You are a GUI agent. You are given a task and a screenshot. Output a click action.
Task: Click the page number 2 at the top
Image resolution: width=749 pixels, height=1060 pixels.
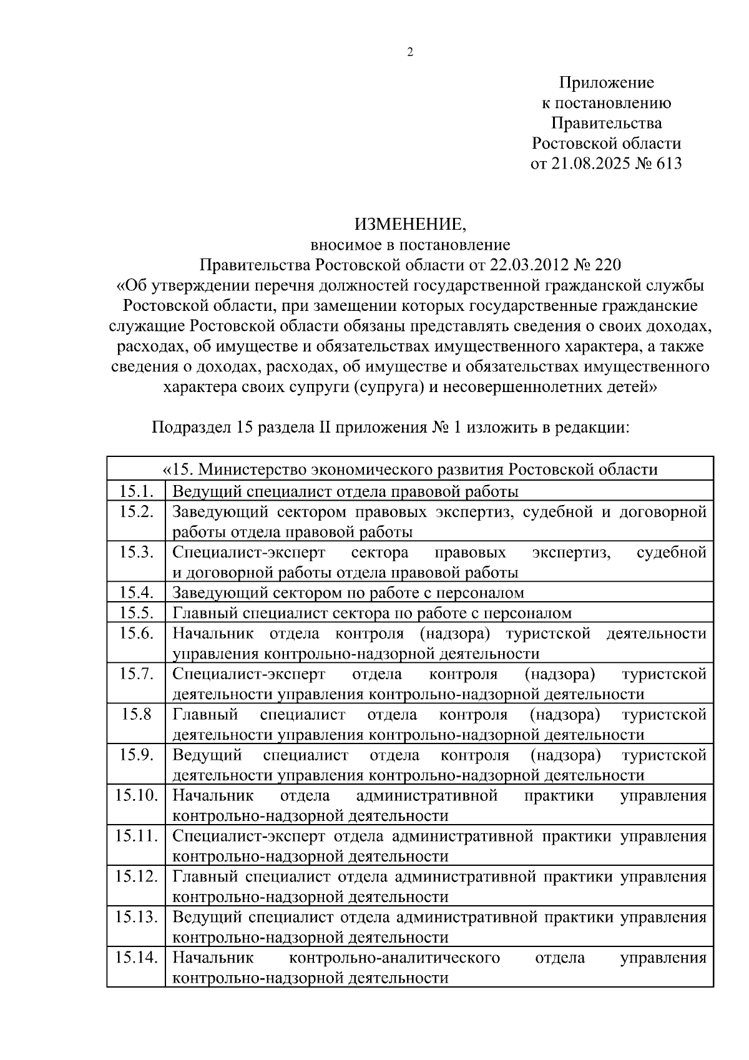pos(409,52)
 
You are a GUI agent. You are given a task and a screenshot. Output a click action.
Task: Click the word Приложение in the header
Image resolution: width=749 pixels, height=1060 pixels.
pos(606,82)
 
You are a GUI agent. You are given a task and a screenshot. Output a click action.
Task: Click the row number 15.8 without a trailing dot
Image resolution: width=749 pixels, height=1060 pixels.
pos(136,714)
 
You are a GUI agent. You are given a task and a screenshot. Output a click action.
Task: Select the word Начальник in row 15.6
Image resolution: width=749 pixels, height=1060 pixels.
pos(213,633)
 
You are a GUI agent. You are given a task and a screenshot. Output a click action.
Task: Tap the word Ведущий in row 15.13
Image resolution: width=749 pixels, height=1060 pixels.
pos(207,916)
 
